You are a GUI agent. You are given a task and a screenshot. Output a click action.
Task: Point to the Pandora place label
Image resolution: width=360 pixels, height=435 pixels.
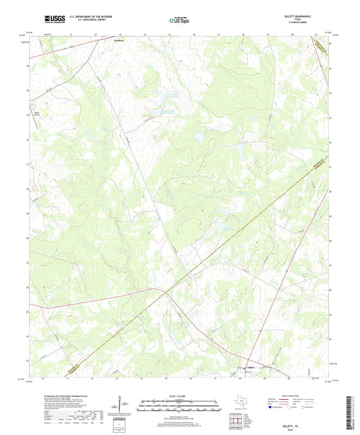click(x=119, y=40)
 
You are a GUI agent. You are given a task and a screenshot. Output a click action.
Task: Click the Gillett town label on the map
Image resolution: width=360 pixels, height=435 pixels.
click(x=251, y=367)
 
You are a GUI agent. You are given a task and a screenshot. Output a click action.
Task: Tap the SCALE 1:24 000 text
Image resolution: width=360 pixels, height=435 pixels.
click(x=179, y=397)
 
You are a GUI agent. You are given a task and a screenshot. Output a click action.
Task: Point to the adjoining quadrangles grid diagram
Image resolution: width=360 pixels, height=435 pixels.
click(x=236, y=422)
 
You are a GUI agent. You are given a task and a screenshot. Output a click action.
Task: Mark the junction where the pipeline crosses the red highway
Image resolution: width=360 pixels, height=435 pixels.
click(x=166, y=291)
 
